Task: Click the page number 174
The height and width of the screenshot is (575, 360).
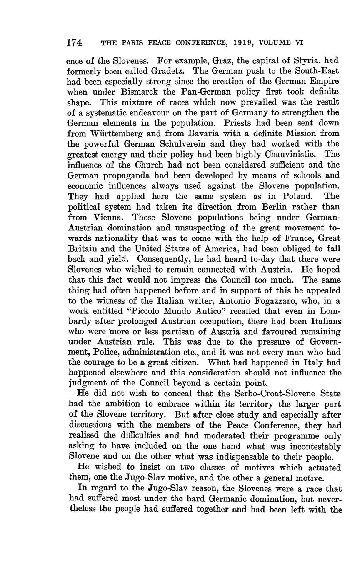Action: pyautogui.click(x=74, y=42)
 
